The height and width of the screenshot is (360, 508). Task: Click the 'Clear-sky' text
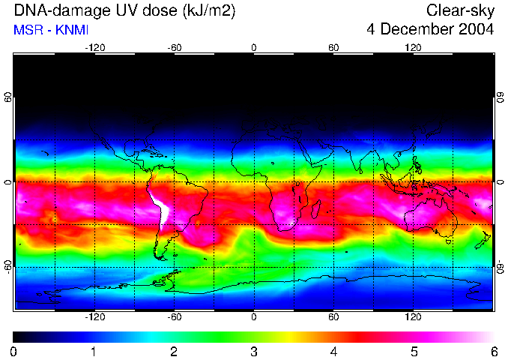460,11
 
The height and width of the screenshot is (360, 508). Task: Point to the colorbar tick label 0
14,351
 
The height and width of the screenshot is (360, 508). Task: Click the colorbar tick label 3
254,351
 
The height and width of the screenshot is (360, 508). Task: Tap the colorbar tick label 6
493,351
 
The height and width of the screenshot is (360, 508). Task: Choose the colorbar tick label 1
94,351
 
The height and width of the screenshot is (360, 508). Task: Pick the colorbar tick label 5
414,351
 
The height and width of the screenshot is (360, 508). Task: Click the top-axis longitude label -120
94,48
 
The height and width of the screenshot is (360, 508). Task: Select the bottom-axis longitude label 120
413,317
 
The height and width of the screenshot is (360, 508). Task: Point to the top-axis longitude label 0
254,48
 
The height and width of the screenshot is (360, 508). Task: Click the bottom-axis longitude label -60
174,317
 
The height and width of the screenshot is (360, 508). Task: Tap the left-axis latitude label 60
7,98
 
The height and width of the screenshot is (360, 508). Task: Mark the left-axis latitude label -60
7,267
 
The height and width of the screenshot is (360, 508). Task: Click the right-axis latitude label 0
501,182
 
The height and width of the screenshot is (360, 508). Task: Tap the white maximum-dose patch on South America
158,207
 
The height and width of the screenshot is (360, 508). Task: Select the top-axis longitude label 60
333,48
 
